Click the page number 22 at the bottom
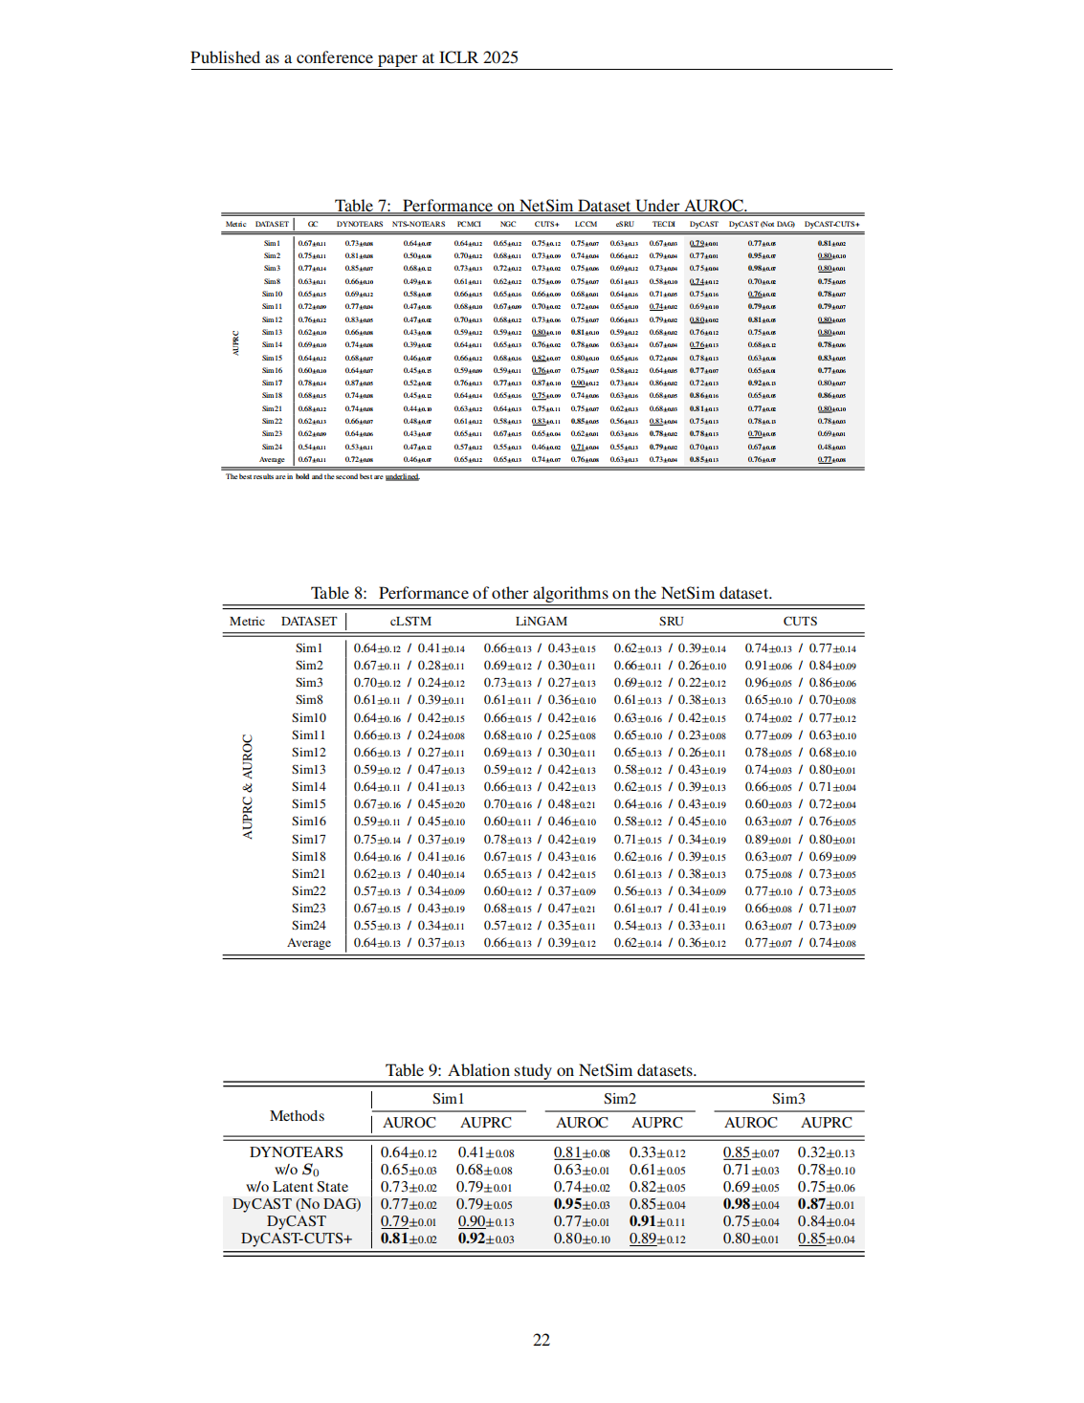pyautogui.click(x=542, y=1340)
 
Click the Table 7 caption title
pyautogui.click(x=541, y=206)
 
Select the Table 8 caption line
pyautogui.click(x=541, y=593)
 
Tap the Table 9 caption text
pyautogui.click(x=541, y=1070)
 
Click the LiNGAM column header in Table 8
pyautogui.click(x=541, y=621)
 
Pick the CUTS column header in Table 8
pyautogui.click(x=800, y=621)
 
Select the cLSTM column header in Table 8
pyautogui.click(x=410, y=621)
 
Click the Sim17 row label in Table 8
pyautogui.click(x=308, y=839)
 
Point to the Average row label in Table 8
pyautogui.click(x=308, y=942)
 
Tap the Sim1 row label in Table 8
pyautogui.click(x=308, y=647)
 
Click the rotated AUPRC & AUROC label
pyautogui.click(x=248, y=787)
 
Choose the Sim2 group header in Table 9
pyautogui.click(x=619, y=1099)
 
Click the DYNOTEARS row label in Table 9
pyautogui.click(x=296, y=1152)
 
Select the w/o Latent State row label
pyautogui.click(x=297, y=1187)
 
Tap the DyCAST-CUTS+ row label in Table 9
pyautogui.click(x=296, y=1239)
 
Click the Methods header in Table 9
pyautogui.click(x=297, y=1116)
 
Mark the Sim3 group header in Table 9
pyautogui.click(x=788, y=1099)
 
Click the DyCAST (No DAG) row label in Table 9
pyautogui.click(x=296, y=1204)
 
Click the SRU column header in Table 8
pyautogui.click(x=671, y=621)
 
